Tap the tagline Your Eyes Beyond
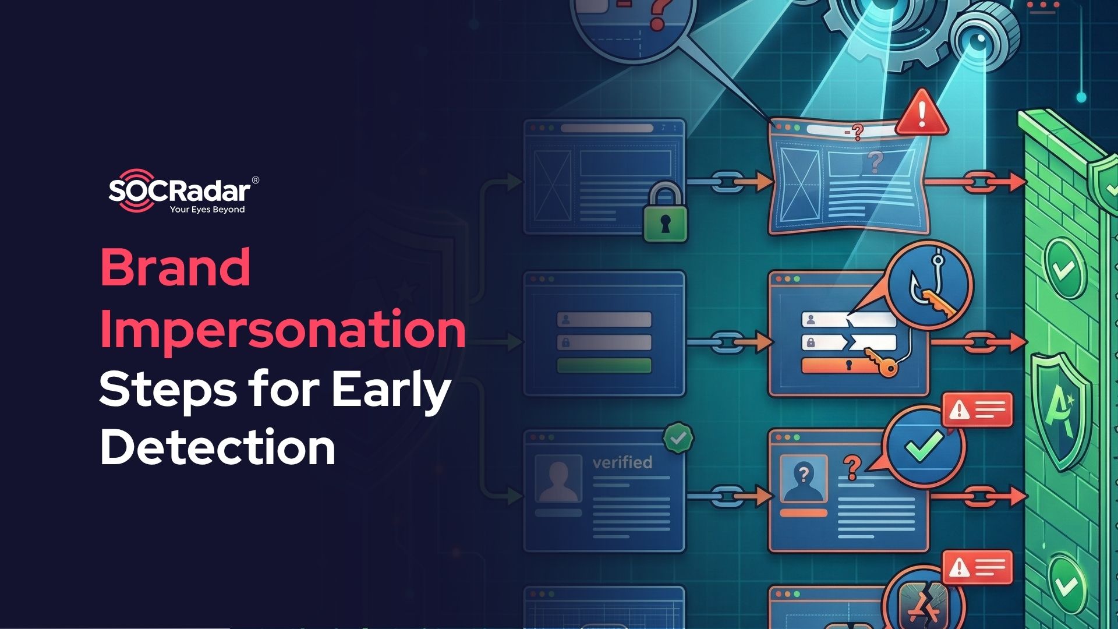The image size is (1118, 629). (207, 210)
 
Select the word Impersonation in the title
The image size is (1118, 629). (283, 329)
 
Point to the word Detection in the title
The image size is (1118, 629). (218, 447)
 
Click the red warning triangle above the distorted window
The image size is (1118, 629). (921, 112)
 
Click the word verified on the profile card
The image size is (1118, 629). (622, 462)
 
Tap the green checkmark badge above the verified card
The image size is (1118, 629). (678, 438)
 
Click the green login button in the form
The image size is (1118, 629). (604, 366)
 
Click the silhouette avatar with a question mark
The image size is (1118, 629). (804, 480)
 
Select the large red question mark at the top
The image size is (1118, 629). (659, 15)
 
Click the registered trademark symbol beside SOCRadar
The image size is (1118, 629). (255, 180)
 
